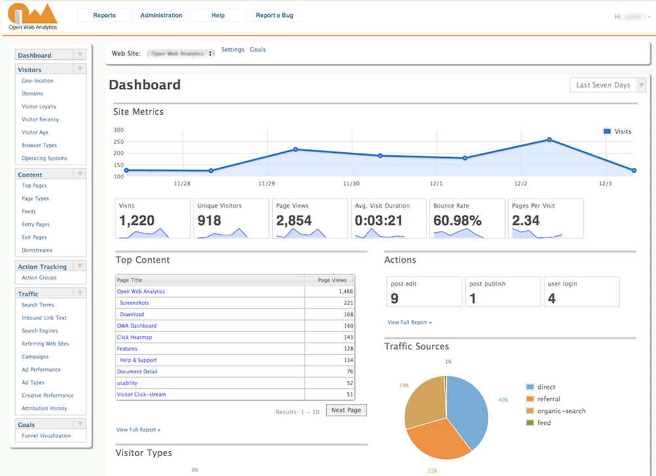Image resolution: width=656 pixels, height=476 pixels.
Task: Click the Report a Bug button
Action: pyautogui.click(x=274, y=15)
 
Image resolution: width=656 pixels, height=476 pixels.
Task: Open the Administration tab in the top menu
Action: pyautogui.click(x=161, y=15)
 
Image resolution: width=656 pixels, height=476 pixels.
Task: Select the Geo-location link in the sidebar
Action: pyautogui.click(x=37, y=81)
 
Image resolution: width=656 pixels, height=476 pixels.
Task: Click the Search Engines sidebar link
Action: pyautogui.click(x=39, y=330)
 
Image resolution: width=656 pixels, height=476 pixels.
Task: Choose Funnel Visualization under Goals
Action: pyautogui.click(x=46, y=435)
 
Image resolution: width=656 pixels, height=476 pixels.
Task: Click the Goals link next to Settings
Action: pyautogui.click(x=258, y=50)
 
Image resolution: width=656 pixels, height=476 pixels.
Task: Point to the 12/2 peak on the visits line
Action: pyautogui.click(x=549, y=140)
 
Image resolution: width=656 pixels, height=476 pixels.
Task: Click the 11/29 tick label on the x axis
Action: pyautogui.click(x=267, y=184)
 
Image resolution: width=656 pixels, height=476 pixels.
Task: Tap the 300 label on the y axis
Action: pyautogui.click(x=119, y=130)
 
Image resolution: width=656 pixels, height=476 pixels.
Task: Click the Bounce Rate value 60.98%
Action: pyautogui.click(x=457, y=220)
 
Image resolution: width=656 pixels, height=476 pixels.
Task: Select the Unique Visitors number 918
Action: pyautogui.click(x=210, y=220)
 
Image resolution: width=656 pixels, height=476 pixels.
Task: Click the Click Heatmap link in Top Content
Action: pyautogui.click(x=134, y=337)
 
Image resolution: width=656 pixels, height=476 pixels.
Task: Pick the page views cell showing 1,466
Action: pyautogui.click(x=346, y=291)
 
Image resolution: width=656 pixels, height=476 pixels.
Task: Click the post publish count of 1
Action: pyautogui.click(x=473, y=299)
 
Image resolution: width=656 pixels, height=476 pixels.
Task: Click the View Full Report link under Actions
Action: pyautogui.click(x=409, y=323)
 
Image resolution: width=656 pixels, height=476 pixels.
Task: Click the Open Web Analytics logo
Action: pyautogui.click(x=33, y=16)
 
